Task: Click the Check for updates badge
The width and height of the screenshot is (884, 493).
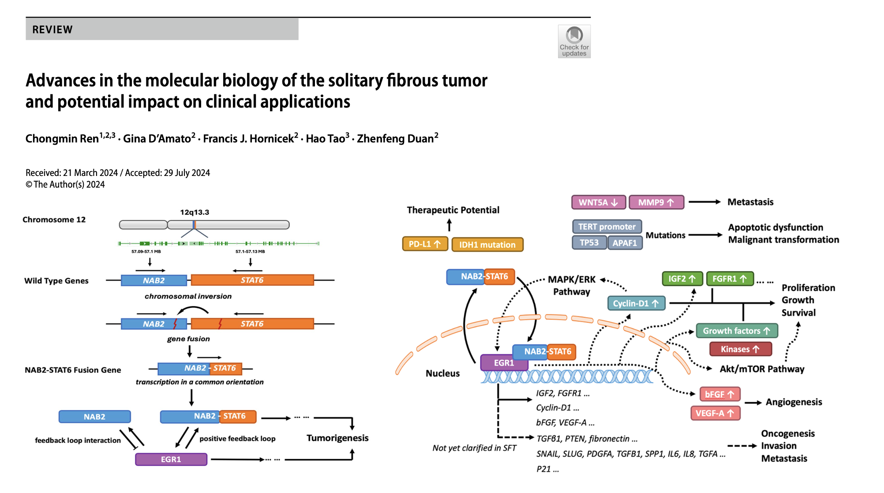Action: (574, 41)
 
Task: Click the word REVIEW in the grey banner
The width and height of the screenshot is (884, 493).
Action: (52, 30)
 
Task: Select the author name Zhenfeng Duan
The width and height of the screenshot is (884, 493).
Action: (396, 138)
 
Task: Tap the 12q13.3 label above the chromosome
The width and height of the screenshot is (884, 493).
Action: (195, 212)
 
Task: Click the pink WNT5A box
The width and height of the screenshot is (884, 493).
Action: (599, 202)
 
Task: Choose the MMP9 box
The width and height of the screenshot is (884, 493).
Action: (656, 202)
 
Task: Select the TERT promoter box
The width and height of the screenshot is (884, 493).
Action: (607, 227)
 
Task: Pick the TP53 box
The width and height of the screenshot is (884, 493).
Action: (589, 243)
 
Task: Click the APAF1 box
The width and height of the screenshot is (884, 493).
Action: (625, 243)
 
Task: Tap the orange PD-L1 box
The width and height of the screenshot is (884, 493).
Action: (425, 244)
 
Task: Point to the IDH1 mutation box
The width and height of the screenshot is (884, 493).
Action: (487, 244)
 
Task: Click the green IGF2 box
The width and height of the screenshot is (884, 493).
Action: (682, 279)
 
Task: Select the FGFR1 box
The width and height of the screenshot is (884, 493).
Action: (730, 279)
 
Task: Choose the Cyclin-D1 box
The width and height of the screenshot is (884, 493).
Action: (636, 303)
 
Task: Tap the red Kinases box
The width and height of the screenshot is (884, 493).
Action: (740, 349)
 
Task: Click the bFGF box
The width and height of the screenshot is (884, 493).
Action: (719, 394)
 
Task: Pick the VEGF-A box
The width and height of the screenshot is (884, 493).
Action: (715, 413)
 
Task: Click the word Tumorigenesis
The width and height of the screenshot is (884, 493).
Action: (337, 438)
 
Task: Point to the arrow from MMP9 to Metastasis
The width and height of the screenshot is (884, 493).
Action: (704, 202)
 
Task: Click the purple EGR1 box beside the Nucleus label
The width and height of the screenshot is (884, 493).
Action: (504, 363)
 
